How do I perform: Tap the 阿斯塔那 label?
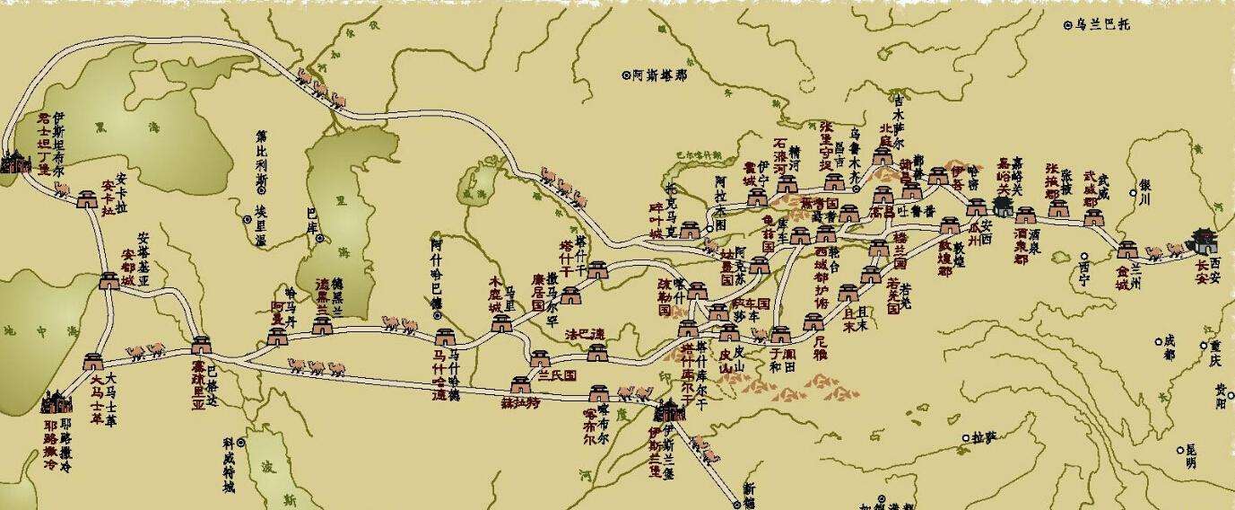659,76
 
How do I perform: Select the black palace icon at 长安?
1203,241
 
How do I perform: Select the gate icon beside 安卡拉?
88,199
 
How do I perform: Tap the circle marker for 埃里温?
247,218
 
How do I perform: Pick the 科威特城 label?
230,463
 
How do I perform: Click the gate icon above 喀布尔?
599,394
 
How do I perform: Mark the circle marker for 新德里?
735,506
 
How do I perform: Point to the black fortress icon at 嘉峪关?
1002,207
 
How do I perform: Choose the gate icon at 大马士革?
93,362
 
